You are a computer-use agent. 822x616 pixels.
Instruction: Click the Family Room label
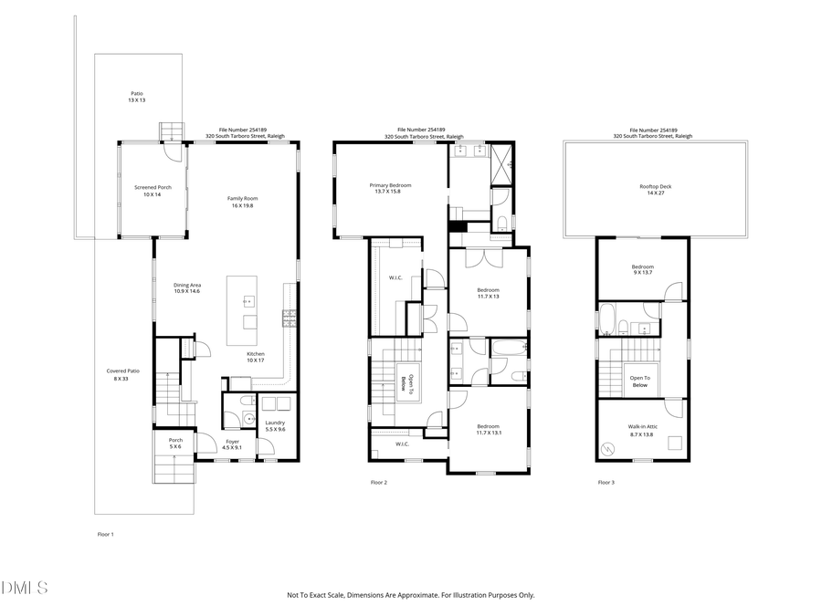(243, 202)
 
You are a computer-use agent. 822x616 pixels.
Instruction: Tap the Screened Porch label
(153, 191)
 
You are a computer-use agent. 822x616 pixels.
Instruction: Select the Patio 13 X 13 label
(137, 96)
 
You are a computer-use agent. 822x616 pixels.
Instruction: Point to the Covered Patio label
(122, 374)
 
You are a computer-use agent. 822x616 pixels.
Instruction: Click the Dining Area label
(187, 288)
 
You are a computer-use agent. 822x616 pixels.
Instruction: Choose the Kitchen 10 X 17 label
(256, 357)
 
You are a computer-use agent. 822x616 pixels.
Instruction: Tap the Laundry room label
(275, 425)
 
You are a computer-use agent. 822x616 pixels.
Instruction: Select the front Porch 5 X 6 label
(175, 443)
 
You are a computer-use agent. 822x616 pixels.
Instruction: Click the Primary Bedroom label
(390, 188)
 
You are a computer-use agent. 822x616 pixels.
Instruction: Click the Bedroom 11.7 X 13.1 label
(488, 429)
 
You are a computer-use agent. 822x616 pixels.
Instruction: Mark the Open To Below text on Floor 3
(640, 381)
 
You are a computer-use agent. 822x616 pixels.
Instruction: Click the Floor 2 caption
(379, 482)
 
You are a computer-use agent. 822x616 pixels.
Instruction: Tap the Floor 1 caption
(106, 534)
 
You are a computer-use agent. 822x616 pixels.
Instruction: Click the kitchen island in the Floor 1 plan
(243, 310)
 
